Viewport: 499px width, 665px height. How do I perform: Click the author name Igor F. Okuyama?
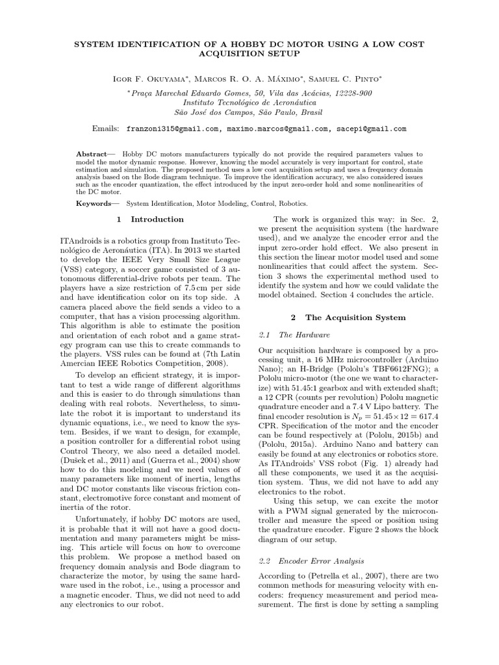(x=151, y=79)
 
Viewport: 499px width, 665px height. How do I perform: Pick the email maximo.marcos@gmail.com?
(x=278, y=129)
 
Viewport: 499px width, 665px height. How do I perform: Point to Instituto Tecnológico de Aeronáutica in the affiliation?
(x=249, y=103)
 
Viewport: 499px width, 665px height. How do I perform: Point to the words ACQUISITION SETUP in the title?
(x=249, y=55)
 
